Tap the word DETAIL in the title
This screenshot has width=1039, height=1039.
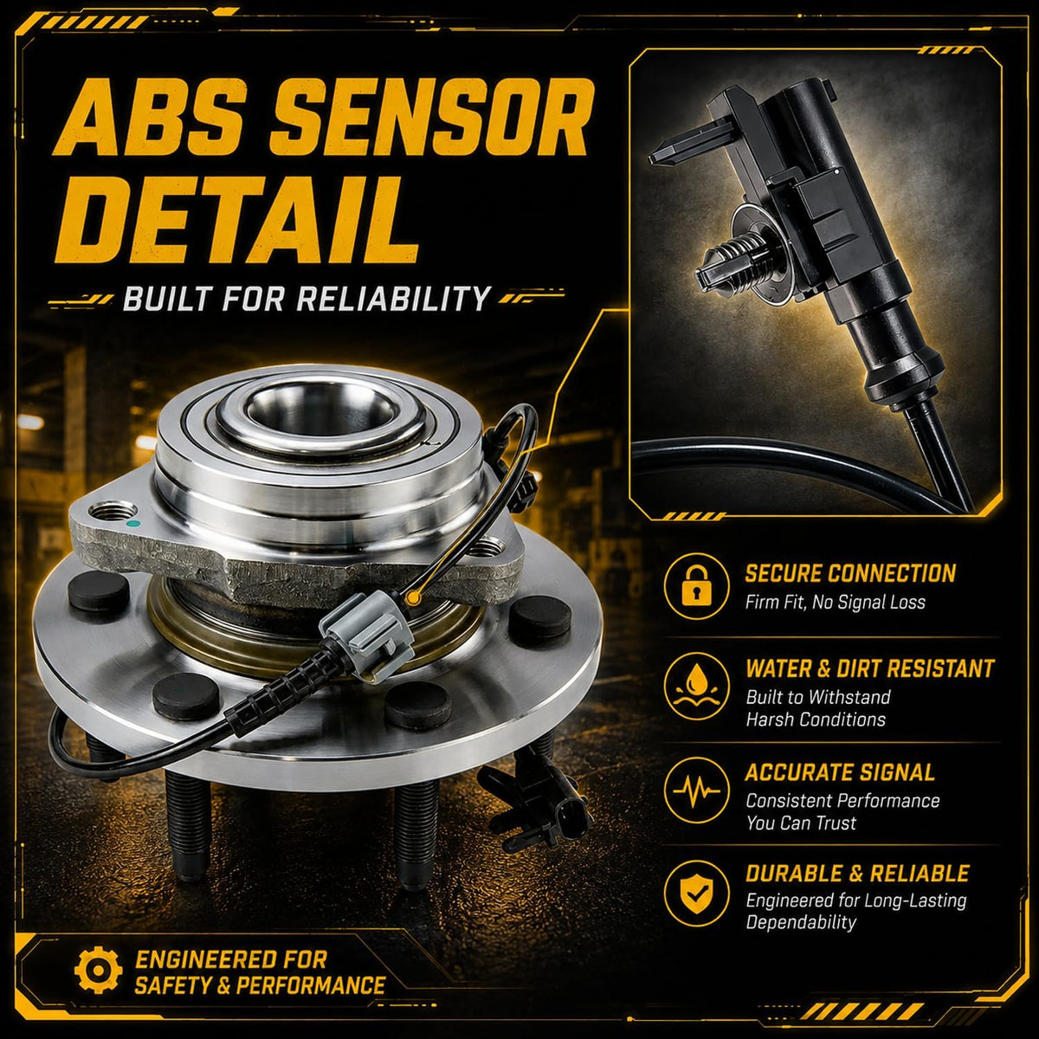point(237,220)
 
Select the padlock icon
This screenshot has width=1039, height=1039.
point(697,587)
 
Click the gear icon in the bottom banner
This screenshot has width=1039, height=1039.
point(98,970)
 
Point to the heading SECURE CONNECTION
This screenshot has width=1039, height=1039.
point(850,573)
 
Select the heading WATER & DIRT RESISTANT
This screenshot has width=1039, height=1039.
point(869,668)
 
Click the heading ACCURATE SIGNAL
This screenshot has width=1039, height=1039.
point(840,772)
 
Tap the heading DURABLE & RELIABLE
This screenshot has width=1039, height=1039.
point(857,874)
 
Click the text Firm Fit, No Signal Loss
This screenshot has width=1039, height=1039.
point(836,602)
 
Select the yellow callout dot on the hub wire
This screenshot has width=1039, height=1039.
point(414,597)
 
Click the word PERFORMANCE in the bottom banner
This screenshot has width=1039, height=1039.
point(311,984)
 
